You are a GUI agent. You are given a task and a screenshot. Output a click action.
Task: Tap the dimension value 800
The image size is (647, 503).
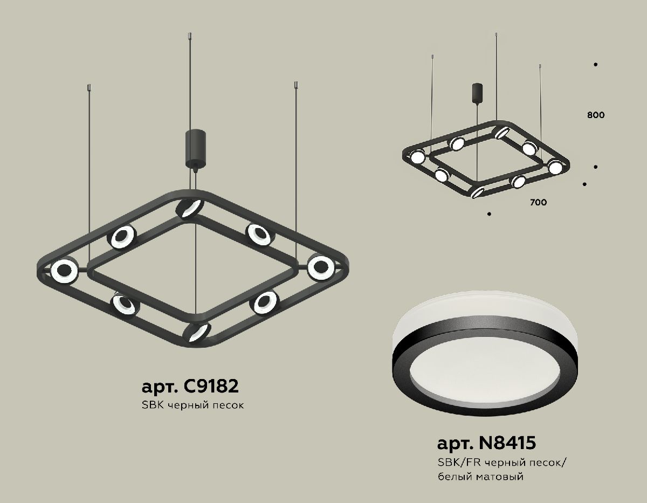596,115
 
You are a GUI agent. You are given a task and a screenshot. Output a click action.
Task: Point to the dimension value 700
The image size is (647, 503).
538,203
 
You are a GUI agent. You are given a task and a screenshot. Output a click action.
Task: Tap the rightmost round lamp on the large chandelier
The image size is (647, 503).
321,266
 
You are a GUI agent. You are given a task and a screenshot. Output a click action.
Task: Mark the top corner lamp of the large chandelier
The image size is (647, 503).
190,209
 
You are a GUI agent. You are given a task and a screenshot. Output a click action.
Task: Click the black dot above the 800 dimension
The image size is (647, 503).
596,65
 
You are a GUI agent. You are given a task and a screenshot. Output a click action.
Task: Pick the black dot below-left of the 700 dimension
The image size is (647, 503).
488,214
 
